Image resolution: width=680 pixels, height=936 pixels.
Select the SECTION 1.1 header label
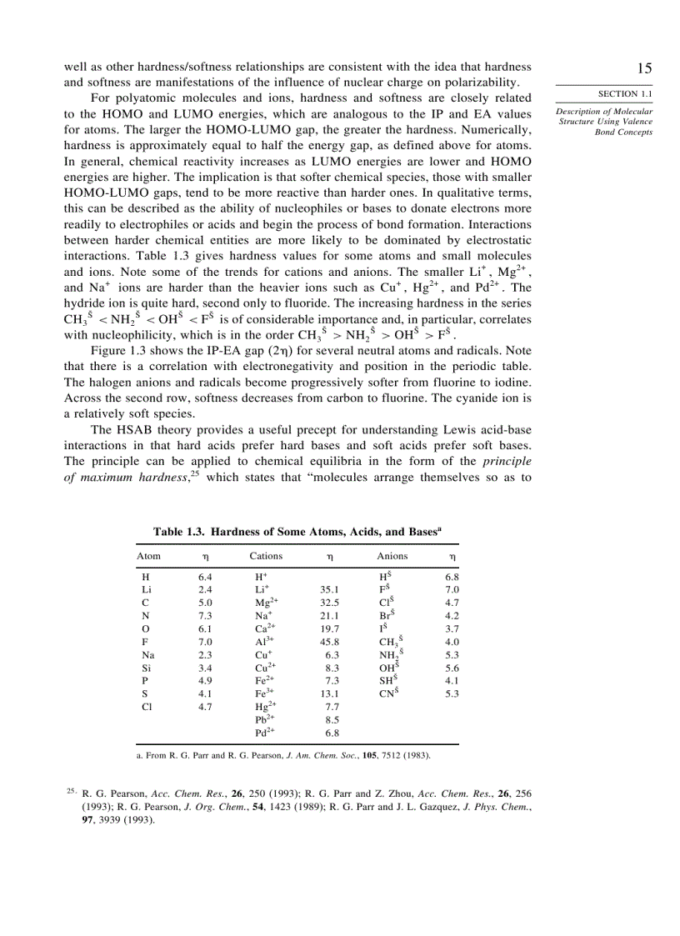625,94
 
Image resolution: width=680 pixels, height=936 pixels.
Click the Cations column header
266,556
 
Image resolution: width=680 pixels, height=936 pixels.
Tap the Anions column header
392,556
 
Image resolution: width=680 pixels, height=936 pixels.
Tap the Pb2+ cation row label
265,719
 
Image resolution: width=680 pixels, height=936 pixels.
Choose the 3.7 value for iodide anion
452,629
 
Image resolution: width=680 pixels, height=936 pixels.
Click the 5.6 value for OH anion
452,668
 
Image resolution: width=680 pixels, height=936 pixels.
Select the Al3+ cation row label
264,642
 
